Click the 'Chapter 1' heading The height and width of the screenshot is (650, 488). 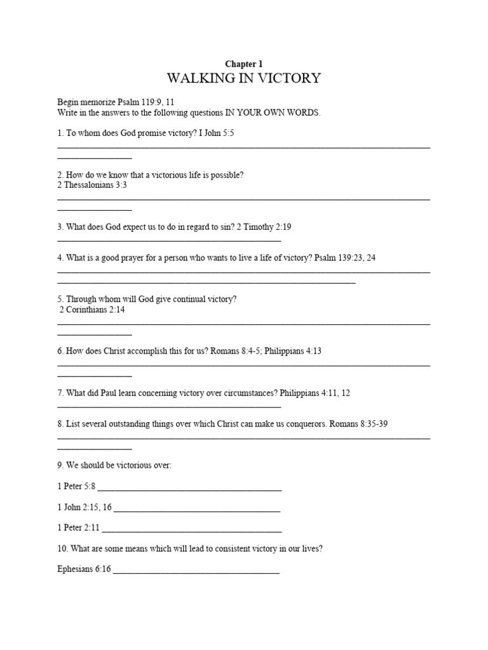pyautogui.click(x=244, y=64)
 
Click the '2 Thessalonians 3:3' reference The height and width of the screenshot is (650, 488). pyautogui.click(x=92, y=185)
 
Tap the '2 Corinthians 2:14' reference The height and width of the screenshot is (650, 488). pyautogui.click(x=92, y=310)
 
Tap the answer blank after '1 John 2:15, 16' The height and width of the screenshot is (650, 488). pyautogui.click(x=197, y=507)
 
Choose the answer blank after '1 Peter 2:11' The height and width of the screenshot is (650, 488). pyautogui.click(x=191, y=527)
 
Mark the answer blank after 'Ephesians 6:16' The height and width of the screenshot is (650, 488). pyautogui.click(x=196, y=569)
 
